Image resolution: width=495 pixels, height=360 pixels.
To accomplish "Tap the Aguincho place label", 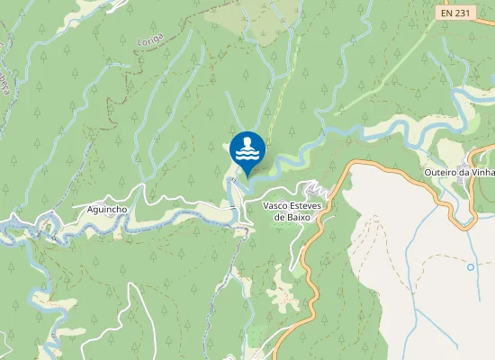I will pos(107,209).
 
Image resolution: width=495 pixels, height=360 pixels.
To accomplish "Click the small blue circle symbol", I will pos(470,267).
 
